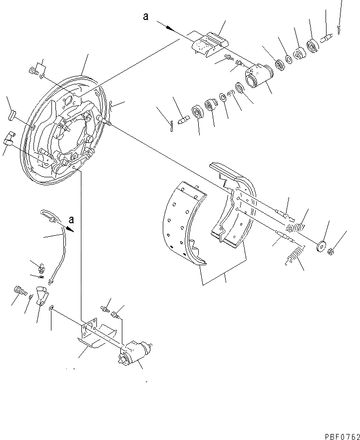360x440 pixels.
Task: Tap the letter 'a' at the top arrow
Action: [146, 16]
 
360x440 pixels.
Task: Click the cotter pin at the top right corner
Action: [339, 29]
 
